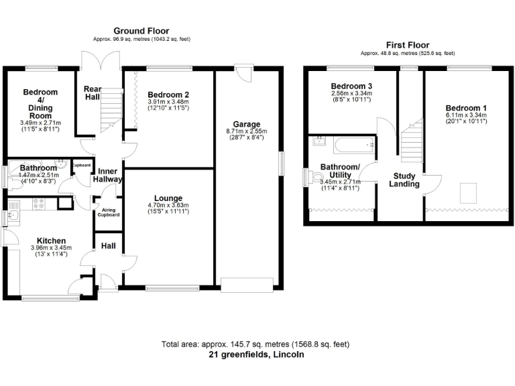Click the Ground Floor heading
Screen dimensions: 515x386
tap(141, 31)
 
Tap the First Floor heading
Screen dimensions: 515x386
tap(408, 45)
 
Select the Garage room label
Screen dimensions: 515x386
tap(247, 124)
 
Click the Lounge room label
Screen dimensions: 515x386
tap(168, 198)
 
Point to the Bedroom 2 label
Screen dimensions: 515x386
tap(168, 95)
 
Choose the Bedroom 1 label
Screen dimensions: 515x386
tap(466, 108)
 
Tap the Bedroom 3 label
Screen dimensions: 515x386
tap(351, 86)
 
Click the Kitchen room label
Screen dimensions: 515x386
tap(51, 241)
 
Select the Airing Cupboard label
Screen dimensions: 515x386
tap(109, 212)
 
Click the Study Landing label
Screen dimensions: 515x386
tap(404, 180)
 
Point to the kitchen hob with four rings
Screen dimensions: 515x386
tap(39, 204)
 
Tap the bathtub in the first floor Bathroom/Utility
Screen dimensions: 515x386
tap(354, 145)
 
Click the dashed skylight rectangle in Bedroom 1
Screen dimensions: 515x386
tap(467, 193)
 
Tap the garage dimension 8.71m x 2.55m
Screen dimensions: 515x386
tap(247, 131)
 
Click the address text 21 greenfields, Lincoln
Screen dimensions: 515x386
tap(256, 355)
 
